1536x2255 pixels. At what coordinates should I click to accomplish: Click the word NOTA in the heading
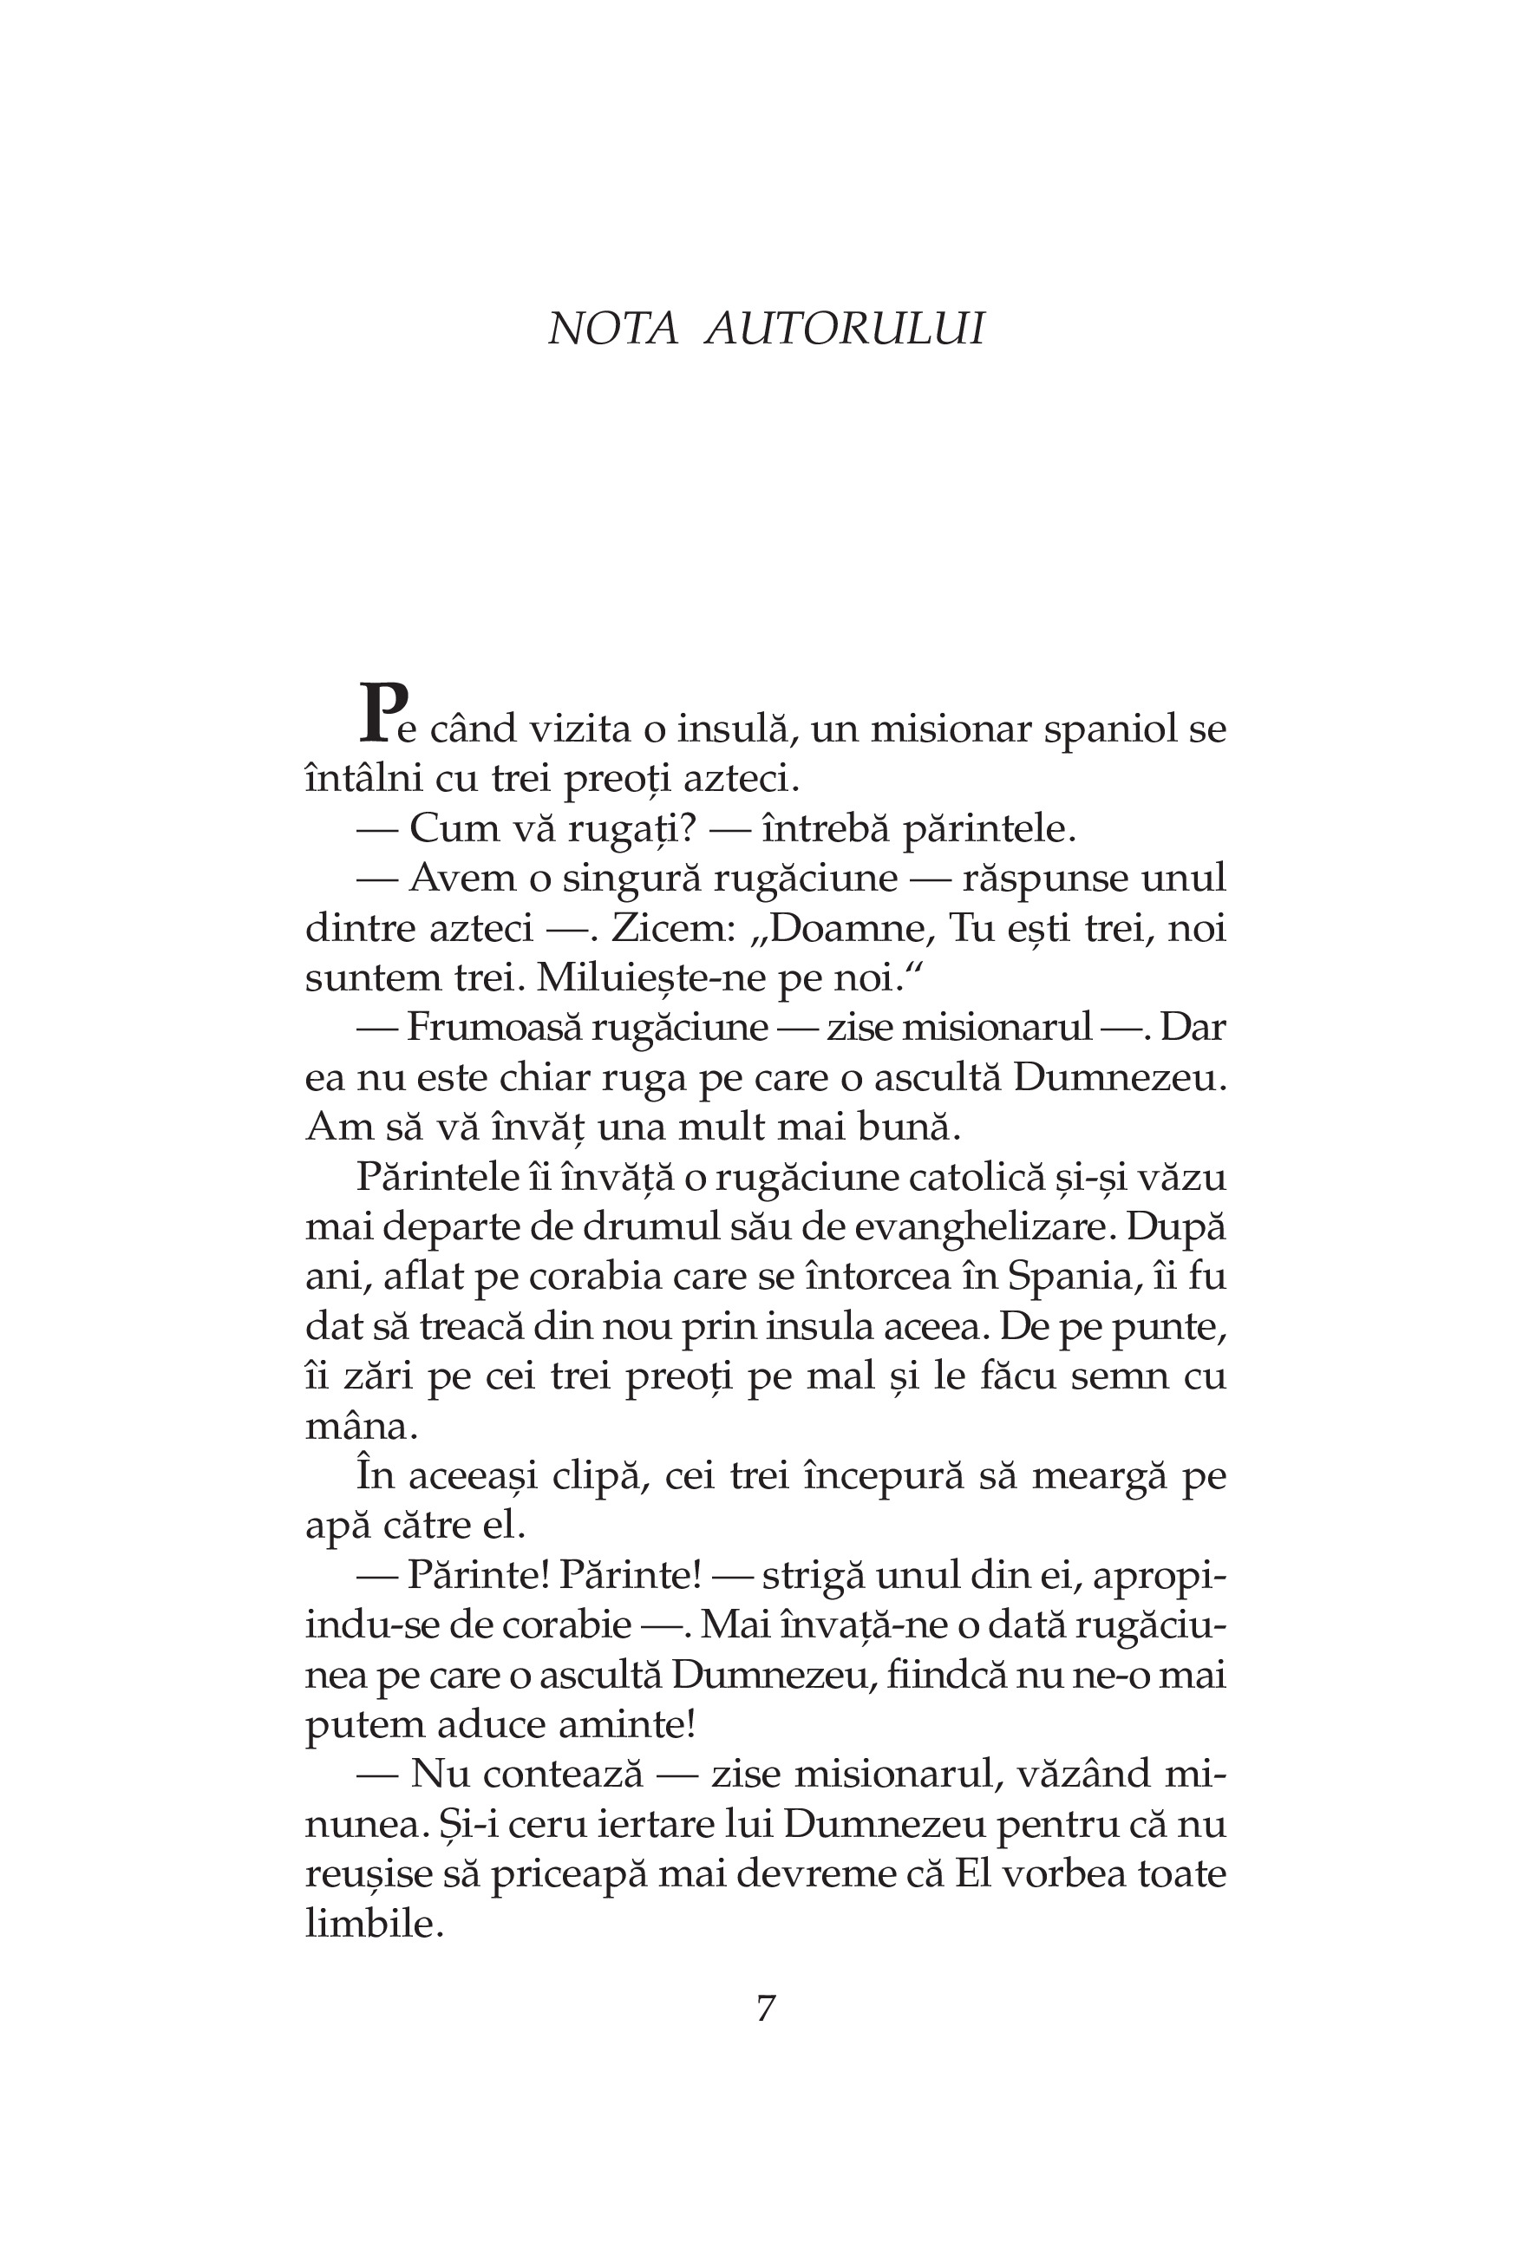[612, 329]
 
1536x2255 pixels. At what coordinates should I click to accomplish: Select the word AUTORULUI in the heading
[844, 329]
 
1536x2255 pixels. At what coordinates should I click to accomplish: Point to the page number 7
[766, 2007]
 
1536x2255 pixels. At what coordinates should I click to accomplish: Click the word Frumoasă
[491, 1028]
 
